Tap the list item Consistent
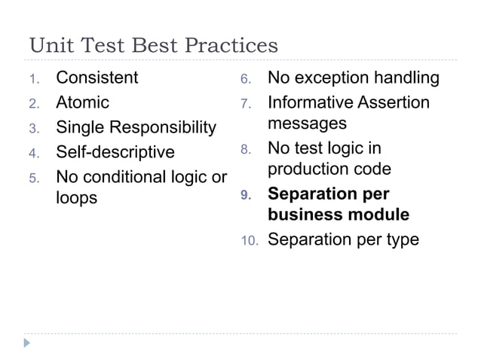pos(97,78)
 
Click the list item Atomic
pos(83,102)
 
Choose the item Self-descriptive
pos(115,152)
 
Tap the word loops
pos(77,200)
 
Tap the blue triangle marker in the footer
pos(28,343)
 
